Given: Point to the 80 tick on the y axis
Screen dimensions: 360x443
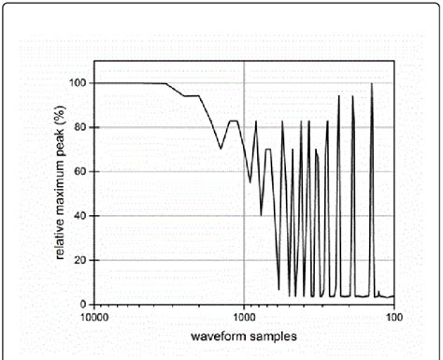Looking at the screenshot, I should click(x=79, y=127).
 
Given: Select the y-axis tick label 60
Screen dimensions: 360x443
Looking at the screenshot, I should click(x=79, y=171).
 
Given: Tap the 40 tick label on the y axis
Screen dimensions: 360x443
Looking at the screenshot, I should click(x=79, y=216).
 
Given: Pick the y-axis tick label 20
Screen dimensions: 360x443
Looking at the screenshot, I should click(x=79, y=260).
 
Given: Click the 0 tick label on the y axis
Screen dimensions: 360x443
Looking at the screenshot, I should click(x=82, y=304).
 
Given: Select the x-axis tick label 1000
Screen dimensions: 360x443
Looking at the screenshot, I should click(x=244, y=317).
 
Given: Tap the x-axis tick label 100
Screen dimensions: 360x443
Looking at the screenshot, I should click(x=393, y=317).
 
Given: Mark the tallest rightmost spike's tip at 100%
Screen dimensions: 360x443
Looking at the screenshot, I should click(x=372, y=84).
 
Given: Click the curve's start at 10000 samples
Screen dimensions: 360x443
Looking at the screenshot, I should click(x=95, y=83).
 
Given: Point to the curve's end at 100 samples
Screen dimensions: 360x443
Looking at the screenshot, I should click(x=393, y=297).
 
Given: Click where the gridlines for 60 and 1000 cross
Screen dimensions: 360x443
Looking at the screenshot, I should click(x=245, y=171).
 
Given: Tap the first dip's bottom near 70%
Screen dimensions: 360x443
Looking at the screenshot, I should click(x=221, y=148).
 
